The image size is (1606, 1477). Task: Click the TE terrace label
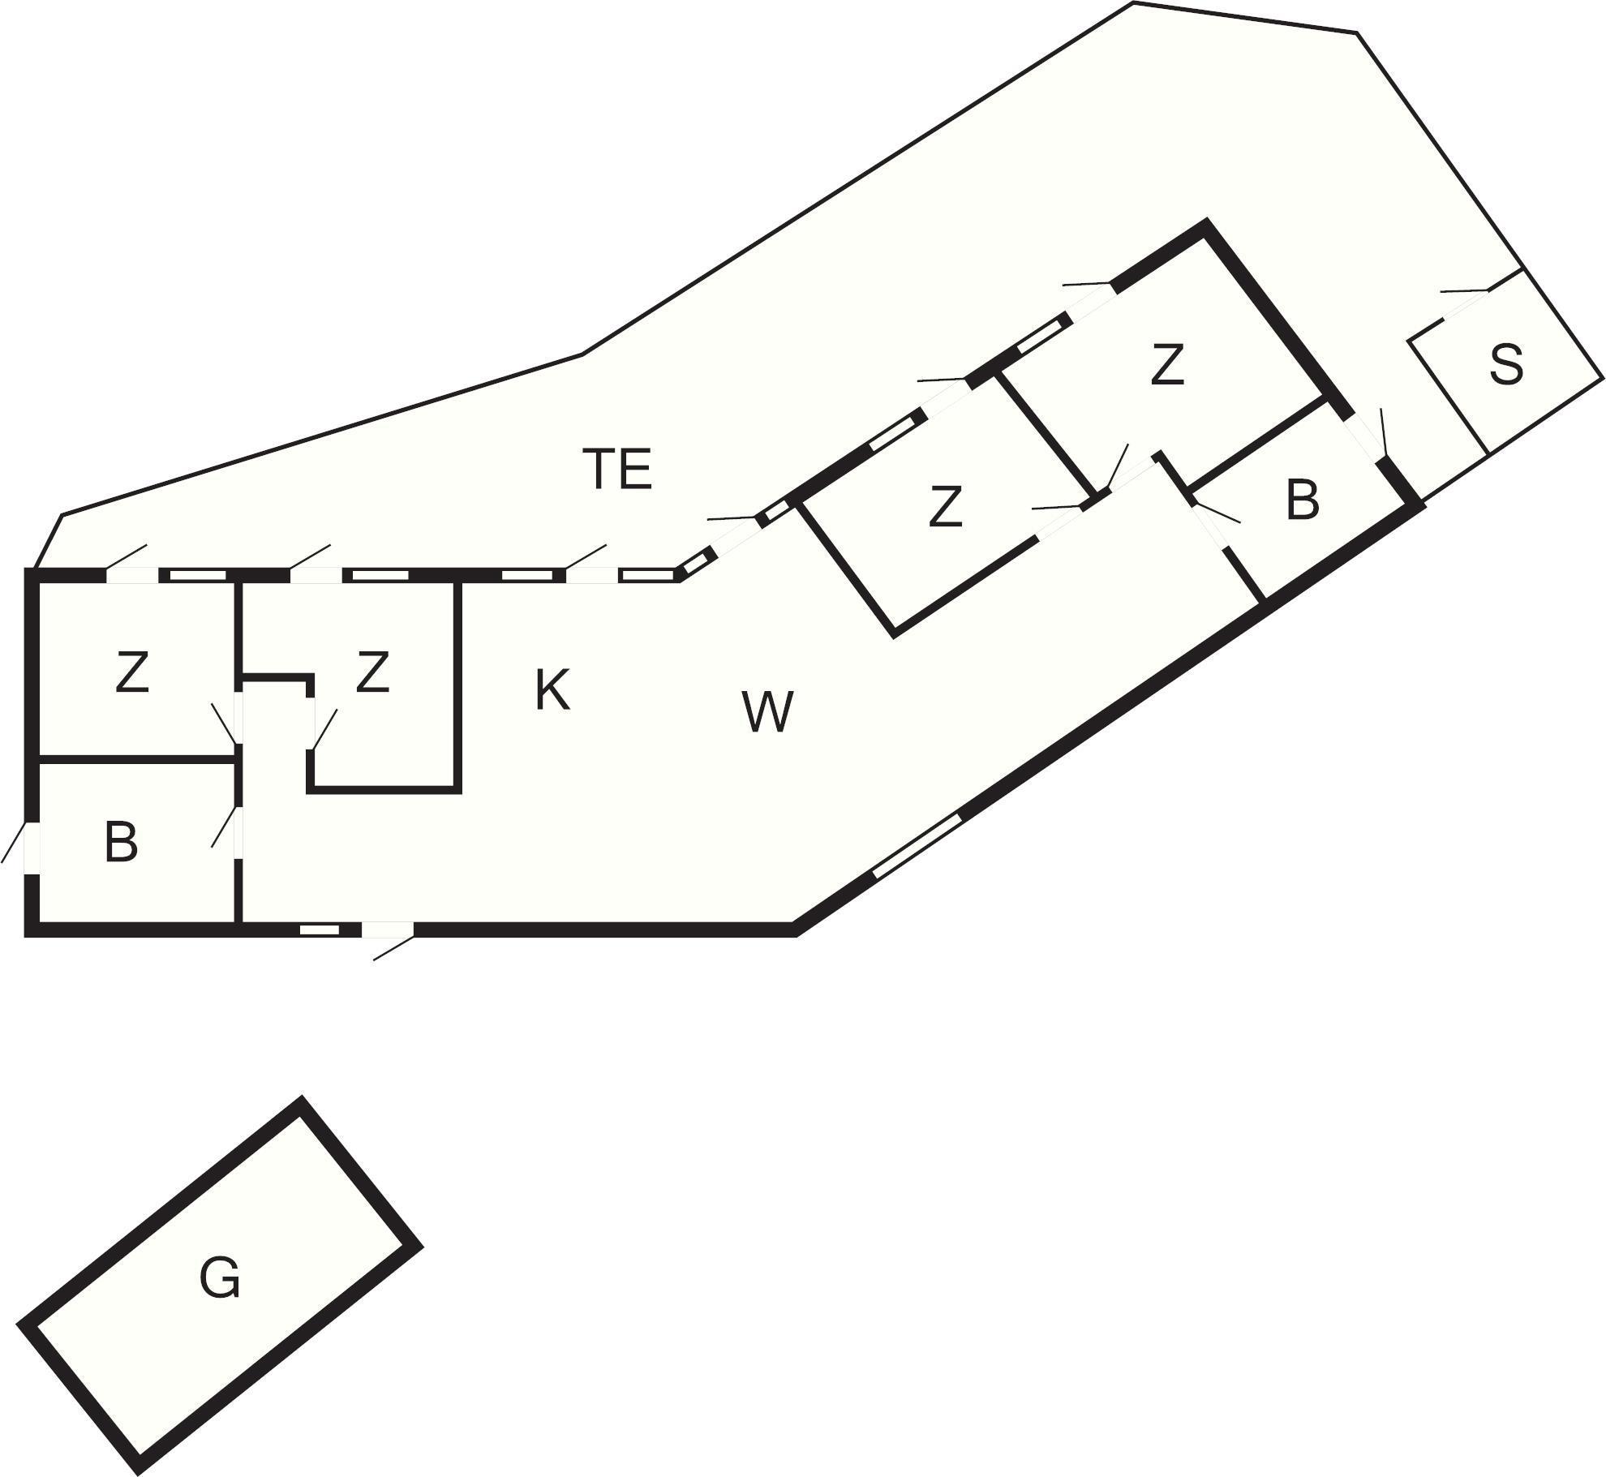point(618,469)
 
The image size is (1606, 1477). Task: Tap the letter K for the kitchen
point(552,690)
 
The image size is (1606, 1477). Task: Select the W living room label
point(767,711)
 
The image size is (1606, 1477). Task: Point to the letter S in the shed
point(1506,364)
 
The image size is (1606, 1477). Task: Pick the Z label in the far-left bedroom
point(132,672)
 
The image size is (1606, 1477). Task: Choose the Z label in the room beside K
point(372,672)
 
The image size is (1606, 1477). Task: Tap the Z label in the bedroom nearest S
point(1167,364)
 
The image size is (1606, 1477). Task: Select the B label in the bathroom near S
point(1303,500)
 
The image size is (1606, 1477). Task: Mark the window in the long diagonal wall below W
point(917,846)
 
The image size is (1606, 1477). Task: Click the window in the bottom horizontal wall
point(320,930)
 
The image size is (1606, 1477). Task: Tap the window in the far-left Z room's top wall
point(197,575)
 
